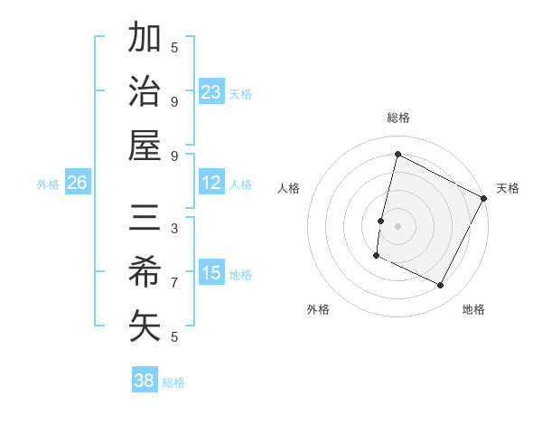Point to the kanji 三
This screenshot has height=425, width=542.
(x=145, y=220)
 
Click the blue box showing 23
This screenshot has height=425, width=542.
(x=210, y=91)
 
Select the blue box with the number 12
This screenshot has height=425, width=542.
(x=210, y=183)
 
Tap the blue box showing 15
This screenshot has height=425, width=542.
(x=210, y=273)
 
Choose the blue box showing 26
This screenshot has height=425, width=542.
(x=77, y=183)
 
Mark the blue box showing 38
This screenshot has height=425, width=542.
(x=145, y=381)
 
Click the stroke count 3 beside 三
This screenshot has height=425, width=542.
(x=174, y=229)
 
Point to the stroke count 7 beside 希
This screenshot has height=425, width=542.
(x=174, y=282)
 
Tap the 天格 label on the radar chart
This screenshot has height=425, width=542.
(x=508, y=188)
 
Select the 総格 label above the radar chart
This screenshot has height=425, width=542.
(x=398, y=118)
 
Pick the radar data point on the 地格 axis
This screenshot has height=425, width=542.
(x=441, y=286)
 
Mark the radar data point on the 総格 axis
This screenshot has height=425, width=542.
(x=397, y=155)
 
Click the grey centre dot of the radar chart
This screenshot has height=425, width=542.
(x=397, y=225)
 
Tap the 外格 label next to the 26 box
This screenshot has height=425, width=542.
(x=48, y=184)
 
